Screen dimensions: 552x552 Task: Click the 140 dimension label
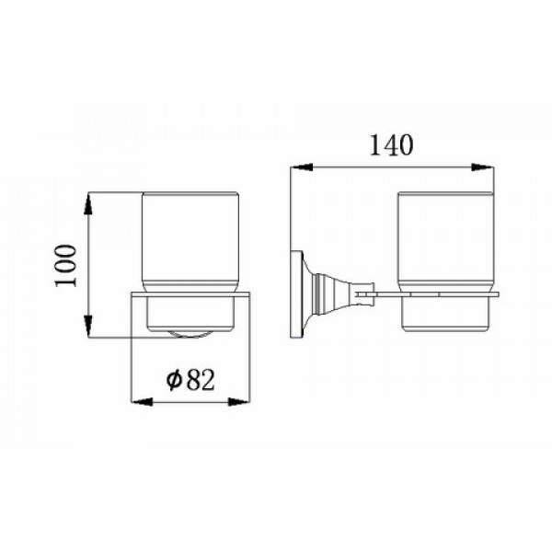pyautogui.click(x=391, y=144)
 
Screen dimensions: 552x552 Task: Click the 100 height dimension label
pyautogui.click(x=65, y=266)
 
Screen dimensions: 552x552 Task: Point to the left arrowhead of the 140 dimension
pyautogui.click(x=302, y=167)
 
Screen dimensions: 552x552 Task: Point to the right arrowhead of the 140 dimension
pyautogui.click(x=482, y=167)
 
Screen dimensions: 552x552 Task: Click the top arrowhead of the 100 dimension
pyautogui.click(x=88, y=203)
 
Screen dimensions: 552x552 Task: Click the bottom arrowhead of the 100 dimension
pyautogui.click(x=88, y=327)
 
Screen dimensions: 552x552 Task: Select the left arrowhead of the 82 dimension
pyautogui.click(x=142, y=402)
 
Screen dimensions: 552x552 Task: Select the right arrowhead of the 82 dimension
pyautogui.click(x=238, y=402)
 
